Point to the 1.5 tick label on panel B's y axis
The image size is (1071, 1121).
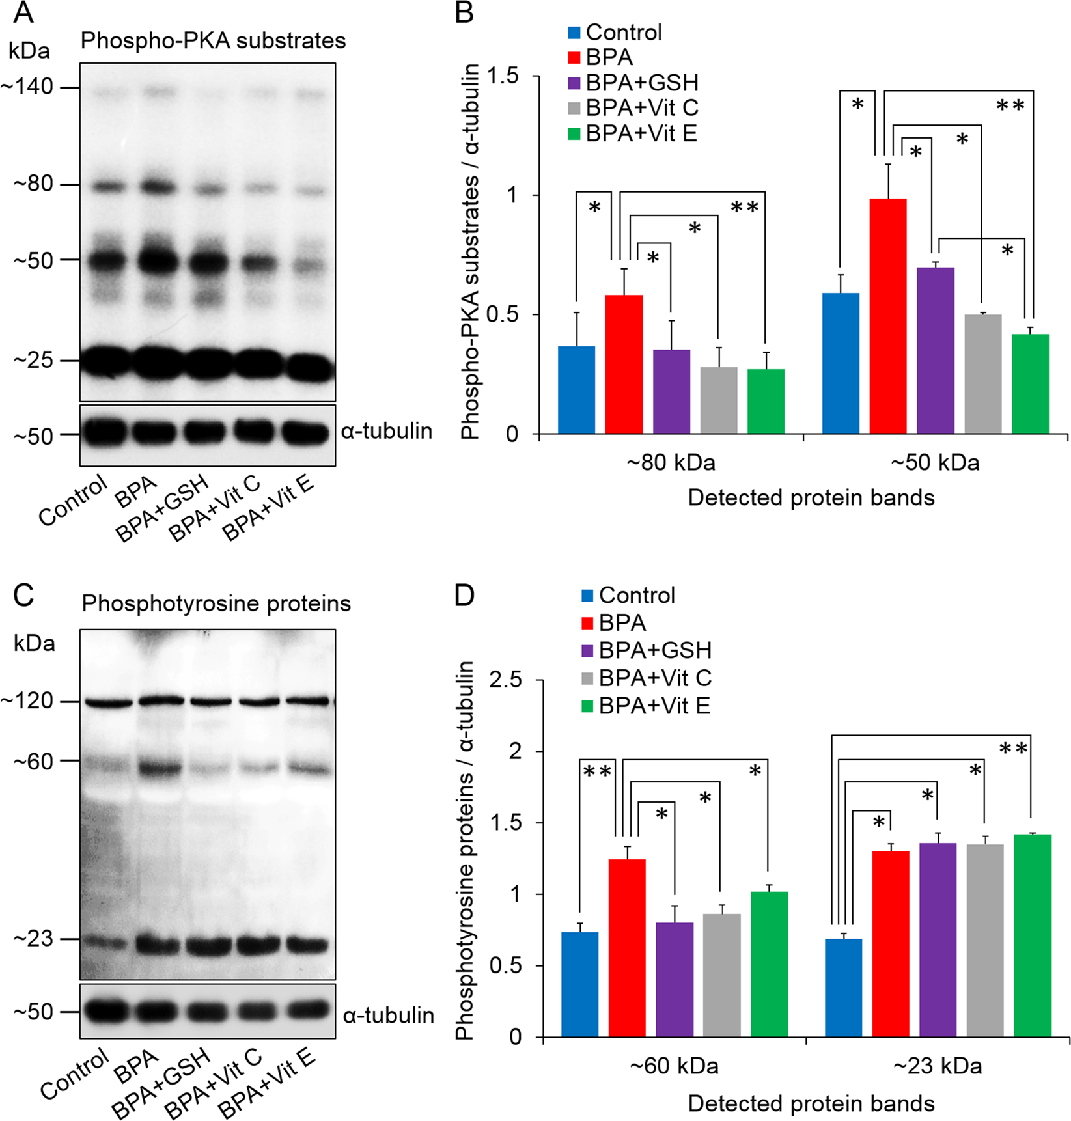502,76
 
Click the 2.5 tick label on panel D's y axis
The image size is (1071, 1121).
505,680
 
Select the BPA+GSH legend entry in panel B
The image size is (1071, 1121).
641,83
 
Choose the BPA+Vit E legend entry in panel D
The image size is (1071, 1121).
654,706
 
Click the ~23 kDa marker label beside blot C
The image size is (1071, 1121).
33,939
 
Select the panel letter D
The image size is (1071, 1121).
464,595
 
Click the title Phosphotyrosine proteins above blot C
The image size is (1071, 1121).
216,603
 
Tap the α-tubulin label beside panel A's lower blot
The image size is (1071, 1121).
386,432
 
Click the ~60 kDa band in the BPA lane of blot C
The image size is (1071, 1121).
159,769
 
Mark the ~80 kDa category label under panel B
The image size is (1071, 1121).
671,463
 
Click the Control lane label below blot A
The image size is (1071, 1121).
72,501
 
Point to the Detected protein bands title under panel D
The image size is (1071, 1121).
811,1103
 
